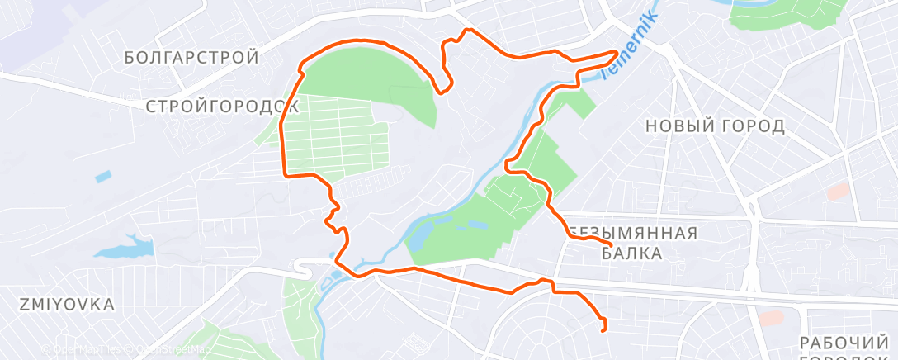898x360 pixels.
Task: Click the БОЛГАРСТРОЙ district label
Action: click(x=191, y=58)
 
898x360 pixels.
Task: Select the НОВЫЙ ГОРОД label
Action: click(x=715, y=126)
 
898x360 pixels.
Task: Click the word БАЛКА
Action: click(x=631, y=254)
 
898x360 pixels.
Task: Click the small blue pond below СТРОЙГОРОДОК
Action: click(x=102, y=176)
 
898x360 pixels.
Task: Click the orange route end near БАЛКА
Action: click(x=610, y=244)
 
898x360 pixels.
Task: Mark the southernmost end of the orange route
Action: click(x=604, y=329)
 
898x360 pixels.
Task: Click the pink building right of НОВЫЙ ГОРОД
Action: click(x=838, y=191)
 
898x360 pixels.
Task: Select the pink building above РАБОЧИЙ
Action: click(x=770, y=318)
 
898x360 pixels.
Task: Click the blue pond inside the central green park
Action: click(x=420, y=237)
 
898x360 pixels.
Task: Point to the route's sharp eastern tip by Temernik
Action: click(x=617, y=52)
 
